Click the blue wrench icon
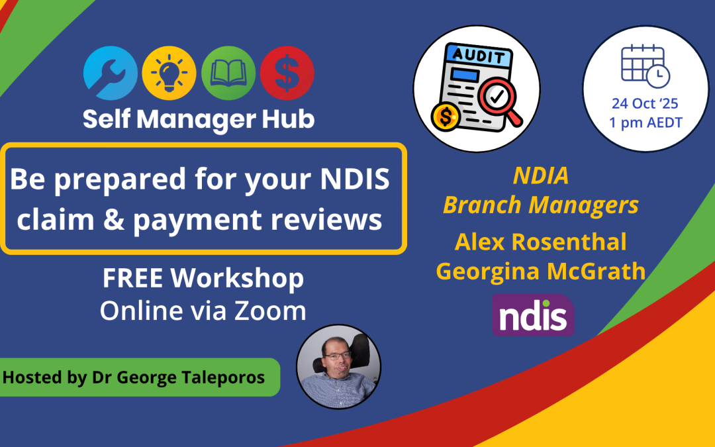coord(111,73)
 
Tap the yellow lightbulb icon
coord(169,73)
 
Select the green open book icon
coord(228,73)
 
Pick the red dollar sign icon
coord(287,73)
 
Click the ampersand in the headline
coord(114,219)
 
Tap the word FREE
coord(132,277)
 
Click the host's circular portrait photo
coord(339,366)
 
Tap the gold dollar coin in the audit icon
coord(445,117)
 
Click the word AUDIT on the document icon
coord(479,56)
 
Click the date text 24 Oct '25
coord(645,103)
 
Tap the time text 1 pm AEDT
coord(645,123)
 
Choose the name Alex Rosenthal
coord(540,242)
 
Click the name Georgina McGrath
coord(541,271)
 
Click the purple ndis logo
coord(533,315)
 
